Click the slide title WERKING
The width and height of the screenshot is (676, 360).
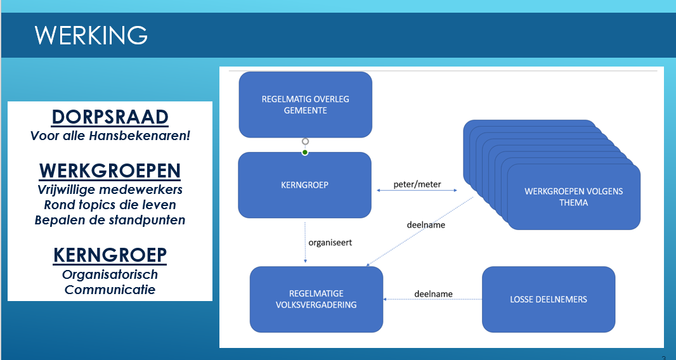coord(91,35)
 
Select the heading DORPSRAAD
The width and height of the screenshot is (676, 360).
coord(110,117)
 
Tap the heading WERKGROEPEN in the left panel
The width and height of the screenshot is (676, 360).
coord(110,170)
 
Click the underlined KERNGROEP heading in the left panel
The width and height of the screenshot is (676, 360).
coord(110,255)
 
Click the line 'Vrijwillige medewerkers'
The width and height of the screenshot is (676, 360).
coord(110,190)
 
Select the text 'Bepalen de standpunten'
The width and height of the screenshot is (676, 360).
coord(110,220)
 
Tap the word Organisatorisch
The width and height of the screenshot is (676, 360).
coord(110,274)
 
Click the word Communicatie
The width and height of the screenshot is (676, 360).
coord(110,289)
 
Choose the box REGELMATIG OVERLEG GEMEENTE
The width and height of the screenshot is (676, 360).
coord(305,105)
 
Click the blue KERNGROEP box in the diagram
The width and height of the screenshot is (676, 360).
coord(305,185)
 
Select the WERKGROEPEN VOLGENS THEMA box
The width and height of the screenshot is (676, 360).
coord(574,197)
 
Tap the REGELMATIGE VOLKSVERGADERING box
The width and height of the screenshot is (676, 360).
coord(316,299)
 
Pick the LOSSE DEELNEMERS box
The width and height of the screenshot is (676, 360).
coord(549,299)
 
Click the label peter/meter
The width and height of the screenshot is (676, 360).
coord(417,184)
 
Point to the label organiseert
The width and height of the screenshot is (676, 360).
coord(330,242)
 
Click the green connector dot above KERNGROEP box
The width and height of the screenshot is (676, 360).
coord(305,152)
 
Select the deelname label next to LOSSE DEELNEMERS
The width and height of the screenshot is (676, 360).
coord(433,293)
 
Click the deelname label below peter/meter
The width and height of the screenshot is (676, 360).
coord(426,224)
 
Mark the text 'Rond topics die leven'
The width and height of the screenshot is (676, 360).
coord(110,205)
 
